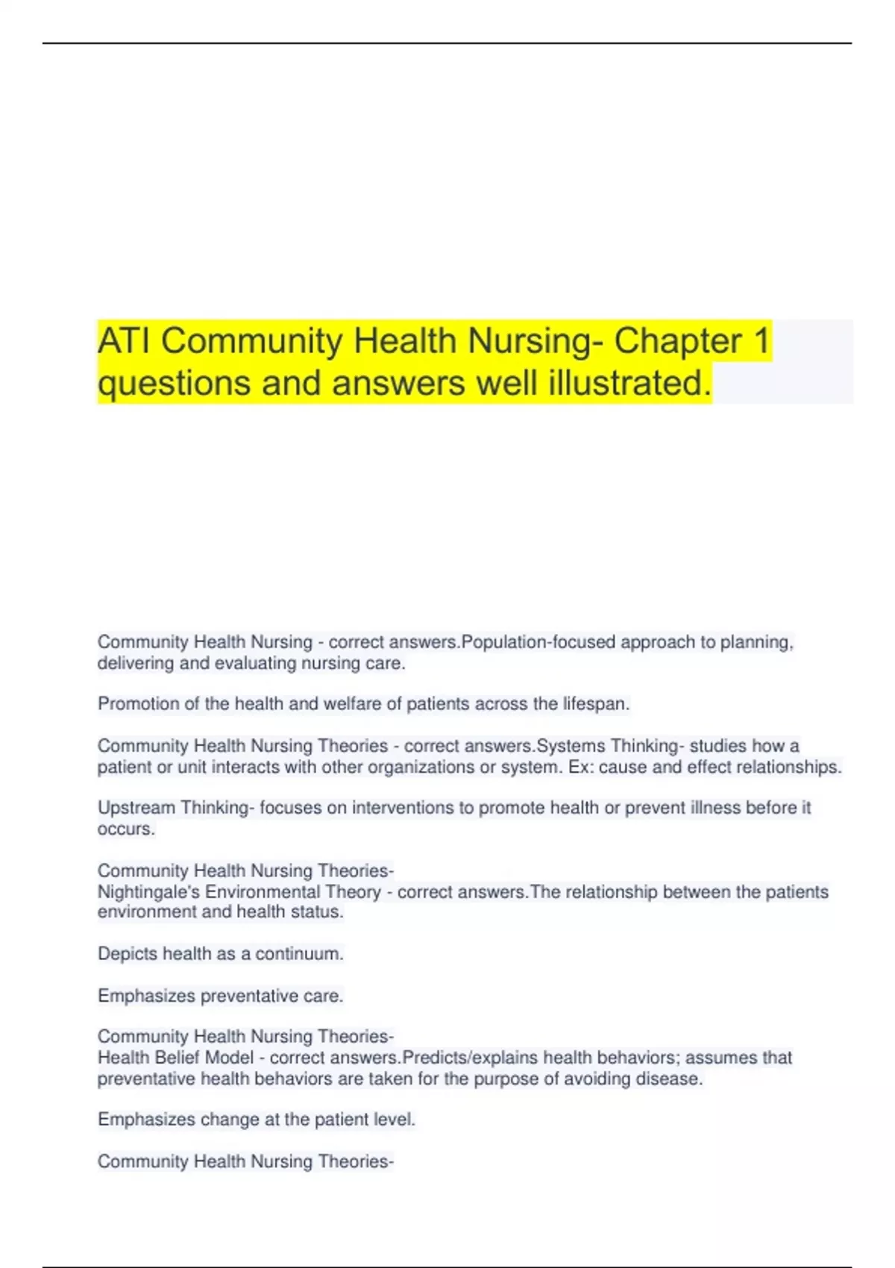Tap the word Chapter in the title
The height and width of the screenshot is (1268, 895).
(677, 342)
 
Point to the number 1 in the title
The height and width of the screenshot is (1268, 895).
(761, 342)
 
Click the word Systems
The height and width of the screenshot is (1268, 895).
(571, 746)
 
